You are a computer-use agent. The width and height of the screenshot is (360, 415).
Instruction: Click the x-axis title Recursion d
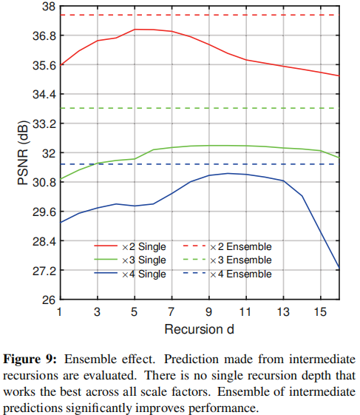(199, 326)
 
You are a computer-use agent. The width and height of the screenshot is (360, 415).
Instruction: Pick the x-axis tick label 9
(209, 311)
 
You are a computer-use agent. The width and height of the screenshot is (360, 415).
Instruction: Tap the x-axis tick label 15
(320, 311)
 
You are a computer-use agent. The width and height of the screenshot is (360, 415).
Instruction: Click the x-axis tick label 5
(135, 311)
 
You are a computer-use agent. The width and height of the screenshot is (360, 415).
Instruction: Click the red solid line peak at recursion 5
(135, 30)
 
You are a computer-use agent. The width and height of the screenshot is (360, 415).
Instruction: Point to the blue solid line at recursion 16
(339, 267)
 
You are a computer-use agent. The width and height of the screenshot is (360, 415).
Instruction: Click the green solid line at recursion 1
(61, 178)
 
